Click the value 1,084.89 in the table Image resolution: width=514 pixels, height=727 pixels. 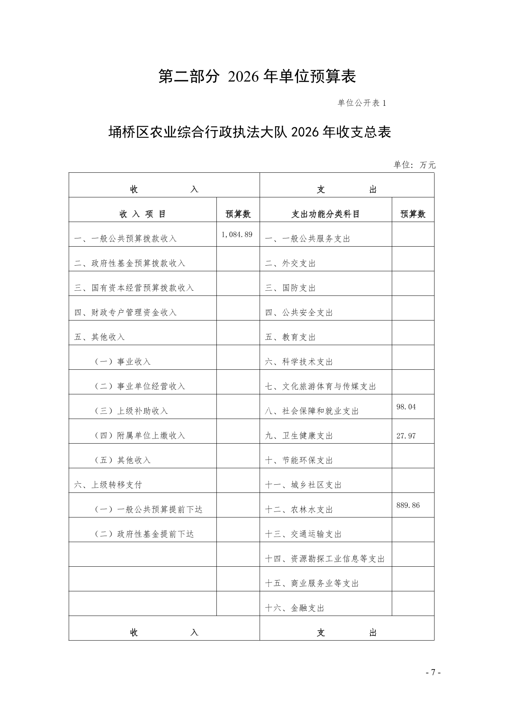(x=237, y=235)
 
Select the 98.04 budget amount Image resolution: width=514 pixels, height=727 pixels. (x=406, y=407)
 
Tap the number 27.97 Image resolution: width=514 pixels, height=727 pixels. (x=406, y=436)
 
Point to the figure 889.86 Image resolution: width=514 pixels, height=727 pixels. (x=408, y=505)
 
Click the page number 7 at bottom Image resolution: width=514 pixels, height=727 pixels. (x=433, y=673)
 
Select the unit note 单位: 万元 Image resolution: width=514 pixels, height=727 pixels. (x=414, y=165)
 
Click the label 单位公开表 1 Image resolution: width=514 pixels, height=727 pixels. (x=361, y=103)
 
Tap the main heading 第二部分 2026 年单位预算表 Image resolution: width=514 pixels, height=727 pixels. (x=257, y=76)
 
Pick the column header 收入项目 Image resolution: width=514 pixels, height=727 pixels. (x=143, y=214)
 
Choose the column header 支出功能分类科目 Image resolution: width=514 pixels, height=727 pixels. (x=325, y=214)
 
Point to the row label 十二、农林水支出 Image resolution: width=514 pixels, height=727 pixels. (x=299, y=510)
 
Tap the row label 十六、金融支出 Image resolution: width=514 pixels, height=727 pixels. (x=295, y=608)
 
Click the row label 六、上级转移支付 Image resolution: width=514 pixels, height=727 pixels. (x=108, y=485)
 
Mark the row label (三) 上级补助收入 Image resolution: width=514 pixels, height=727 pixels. (x=131, y=411)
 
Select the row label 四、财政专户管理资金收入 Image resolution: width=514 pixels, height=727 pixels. (x=125, y=313)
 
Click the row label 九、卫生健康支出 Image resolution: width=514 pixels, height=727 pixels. (x=299, y=436)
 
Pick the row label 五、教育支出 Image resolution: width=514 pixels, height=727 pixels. (x=290, y=337)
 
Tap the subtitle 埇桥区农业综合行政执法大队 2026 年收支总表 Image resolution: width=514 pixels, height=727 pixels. (x=250, y=132)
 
